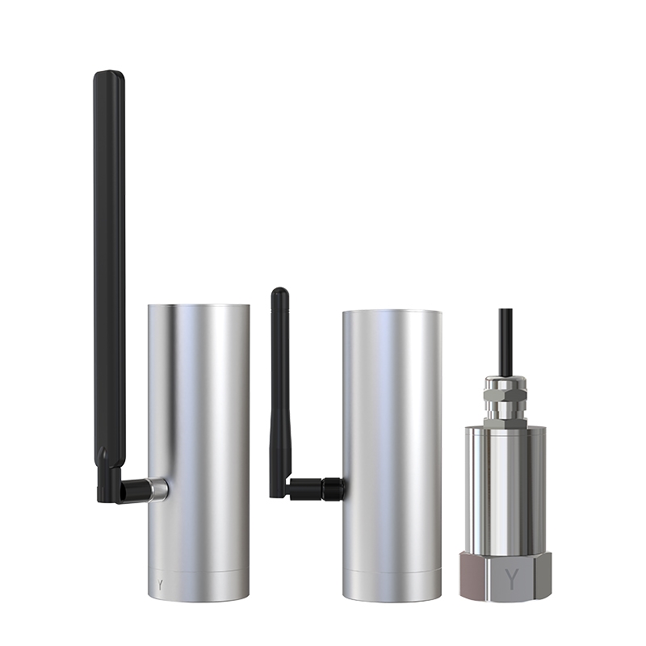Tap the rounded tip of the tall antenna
[109, 73]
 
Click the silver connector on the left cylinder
[158, 489]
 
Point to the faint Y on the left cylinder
[160, 584]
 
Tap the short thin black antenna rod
[279, 392]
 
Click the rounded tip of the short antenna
[279, 292]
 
